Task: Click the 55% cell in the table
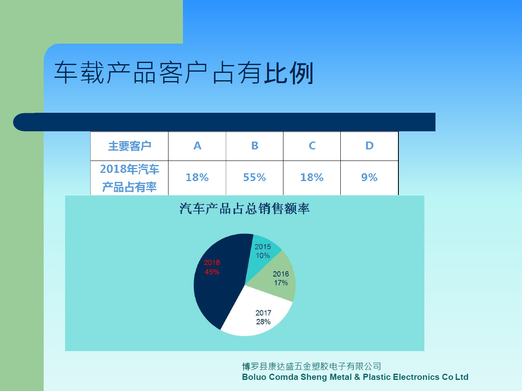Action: coord(255,177)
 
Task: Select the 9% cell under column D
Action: coord(369,177)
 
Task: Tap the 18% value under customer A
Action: coord(197,177)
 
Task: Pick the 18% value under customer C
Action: coord(312,177)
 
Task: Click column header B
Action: coord(255,146)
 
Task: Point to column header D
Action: coord(369,146)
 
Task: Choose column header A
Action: coord(197,146)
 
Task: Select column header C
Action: coord(312,146)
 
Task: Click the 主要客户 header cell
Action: coord(130,146)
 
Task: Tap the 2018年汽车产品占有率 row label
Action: coord(130,178)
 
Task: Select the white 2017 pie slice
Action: coord(257,314)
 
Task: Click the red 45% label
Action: coord(212,272)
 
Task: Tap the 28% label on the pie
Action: coord(263,322)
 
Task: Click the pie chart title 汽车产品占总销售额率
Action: coord(244,209)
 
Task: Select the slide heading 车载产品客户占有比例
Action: coord(184,73)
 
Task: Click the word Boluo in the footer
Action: coord(254,377)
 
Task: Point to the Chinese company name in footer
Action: coord(311,366)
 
